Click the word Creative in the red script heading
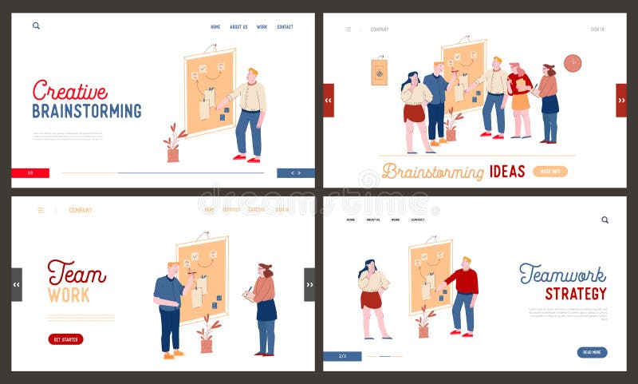(x=69, y=90)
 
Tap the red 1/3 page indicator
(x=30, y=173)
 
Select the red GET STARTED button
(x=65, y=339)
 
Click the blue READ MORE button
(x=592, y=352)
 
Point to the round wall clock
(x=572, y=63)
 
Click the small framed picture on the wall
(x=379, y=72)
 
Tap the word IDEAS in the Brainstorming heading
(x=507, y=171)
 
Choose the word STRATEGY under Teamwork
(x=576, y=294)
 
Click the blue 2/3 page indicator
(x=342, y=356)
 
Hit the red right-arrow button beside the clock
(x=621, y=101)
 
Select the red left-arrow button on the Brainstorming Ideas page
(x=328, y=101)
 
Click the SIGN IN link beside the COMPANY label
(x=597, y=30)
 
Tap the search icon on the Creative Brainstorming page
(x=36, y=26)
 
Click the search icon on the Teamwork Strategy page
(x=605, y=220)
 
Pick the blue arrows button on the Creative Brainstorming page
(x=295, y=173)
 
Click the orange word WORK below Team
(x=69, y=295)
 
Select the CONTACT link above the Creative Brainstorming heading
(x=285, y=27)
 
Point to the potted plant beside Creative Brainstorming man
(x=173, y=144)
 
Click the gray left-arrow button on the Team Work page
(x=17, y=284)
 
